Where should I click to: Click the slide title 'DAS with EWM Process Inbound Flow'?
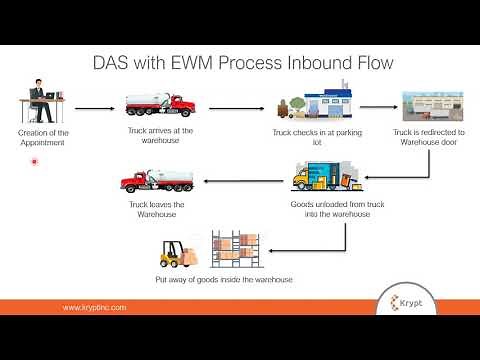(x=239, y=65)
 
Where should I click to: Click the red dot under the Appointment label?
(x=35, y=160)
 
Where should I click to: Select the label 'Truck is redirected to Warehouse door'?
(x=428, y=136)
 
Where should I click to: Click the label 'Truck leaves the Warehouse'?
(x=151, y=210)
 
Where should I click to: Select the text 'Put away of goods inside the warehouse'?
(x=224, y=279)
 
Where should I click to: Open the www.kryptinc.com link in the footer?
(x=95, y=308)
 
